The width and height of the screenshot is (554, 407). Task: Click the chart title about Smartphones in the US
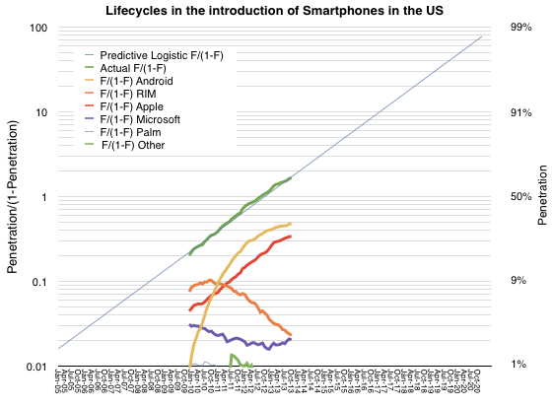pos(276,10)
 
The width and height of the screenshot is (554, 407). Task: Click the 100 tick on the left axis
pos(39,28)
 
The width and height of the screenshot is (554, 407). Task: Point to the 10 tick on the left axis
pos(42,112)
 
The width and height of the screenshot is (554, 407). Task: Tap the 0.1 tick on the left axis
pos(40,282)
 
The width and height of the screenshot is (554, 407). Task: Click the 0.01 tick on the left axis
pos(37,367)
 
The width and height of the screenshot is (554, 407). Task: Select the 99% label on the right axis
pos(521,28)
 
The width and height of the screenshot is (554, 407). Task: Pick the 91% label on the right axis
pos(521,112)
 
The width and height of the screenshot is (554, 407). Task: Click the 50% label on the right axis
pos(521,197)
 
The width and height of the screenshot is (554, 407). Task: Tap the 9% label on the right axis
pos(519,282)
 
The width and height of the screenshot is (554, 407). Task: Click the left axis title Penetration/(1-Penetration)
pos(13,197)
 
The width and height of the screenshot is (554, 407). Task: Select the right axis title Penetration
pos(543,197)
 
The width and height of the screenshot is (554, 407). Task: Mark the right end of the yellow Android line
pos(291,224)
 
